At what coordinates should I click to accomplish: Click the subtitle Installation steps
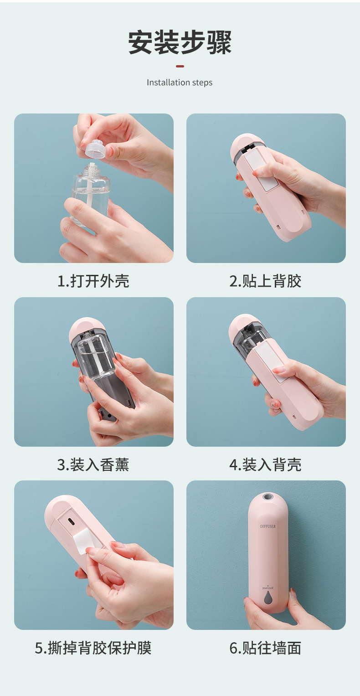[x=180, y=82]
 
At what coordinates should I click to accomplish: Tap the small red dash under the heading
[x=180, y=66]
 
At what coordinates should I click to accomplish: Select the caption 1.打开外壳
[x=93, y=281]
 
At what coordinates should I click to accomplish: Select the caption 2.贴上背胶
[x=265, y=281]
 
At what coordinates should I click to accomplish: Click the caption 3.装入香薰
[x=93, y=465]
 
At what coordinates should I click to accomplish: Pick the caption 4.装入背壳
[x=265, y=465]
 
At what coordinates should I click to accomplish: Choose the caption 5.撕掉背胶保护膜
[x=93, y=648]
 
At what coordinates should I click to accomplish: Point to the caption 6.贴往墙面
[x=265, y=648]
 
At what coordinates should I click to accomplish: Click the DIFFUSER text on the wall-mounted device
[x=268, y=526]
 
